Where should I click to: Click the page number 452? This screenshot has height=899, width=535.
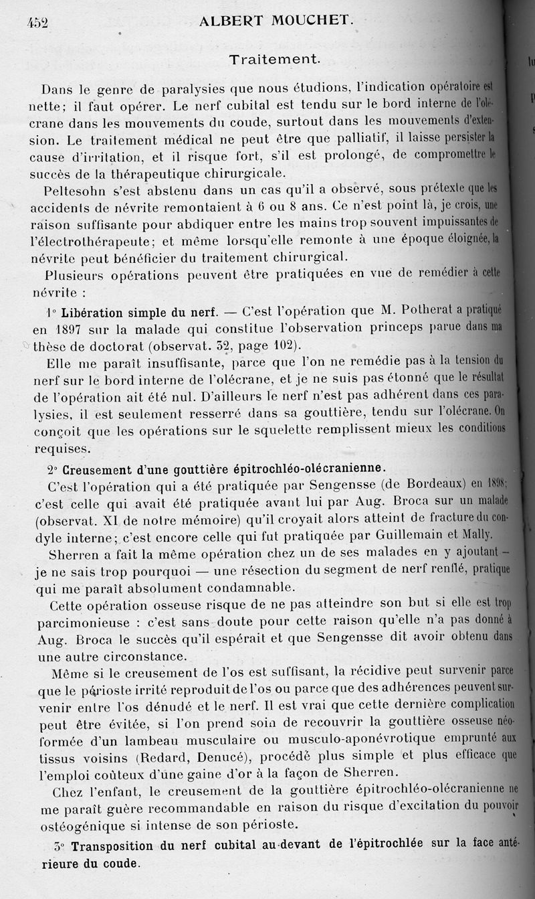pyautogui.click(x=37, y=23)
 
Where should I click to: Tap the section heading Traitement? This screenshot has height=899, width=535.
pyautogui.click(x=274, y=59)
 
